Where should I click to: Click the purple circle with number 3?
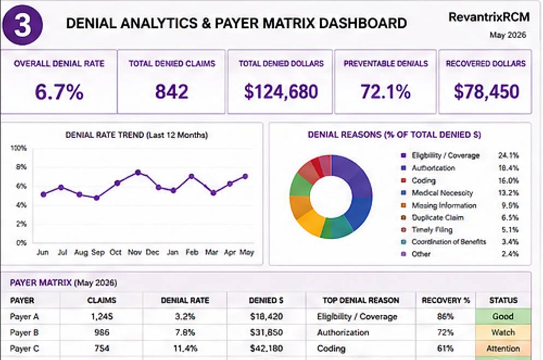[x=22, y=25]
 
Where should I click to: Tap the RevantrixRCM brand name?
[x=489, y=17]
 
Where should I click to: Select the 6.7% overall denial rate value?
[x=59, y=92]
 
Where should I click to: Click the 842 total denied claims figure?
[x=172, y=92]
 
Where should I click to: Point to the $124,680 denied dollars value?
[x=281, y=92]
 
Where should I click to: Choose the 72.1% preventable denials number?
[x=386, y=92]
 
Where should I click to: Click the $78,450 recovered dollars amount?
[x=487, y=92]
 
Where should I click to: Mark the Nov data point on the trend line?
[x=138, y=173]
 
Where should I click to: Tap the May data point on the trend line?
[x=245, y=176]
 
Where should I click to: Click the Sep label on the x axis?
[x=98, y=252]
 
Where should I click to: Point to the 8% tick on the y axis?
[x=21, y=167]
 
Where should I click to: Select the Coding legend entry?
[x=423, y=181]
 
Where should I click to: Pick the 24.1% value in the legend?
[x=509, y=156]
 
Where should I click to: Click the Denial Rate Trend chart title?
[x=137, y=135]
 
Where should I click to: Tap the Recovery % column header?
[x=446, y=300]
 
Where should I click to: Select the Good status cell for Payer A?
[x=503, y=316]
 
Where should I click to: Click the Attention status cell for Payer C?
[x=503, y=349]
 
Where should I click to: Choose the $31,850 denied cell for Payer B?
[x=266, y=333]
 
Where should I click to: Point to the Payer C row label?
[x=24, y=349]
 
